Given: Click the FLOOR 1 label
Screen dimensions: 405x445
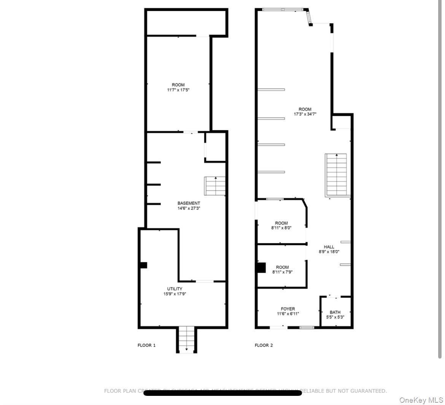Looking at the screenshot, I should (146, 345).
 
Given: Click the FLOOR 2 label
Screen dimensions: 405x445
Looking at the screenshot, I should (264, 345).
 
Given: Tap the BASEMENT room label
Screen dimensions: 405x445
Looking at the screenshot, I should (189, 203).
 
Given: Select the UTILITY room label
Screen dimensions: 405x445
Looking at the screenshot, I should (175, 289).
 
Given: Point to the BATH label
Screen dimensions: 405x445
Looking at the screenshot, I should (335, 312).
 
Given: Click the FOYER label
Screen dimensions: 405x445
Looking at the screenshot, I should (288, 309).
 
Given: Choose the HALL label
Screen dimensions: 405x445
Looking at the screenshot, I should (329, 247).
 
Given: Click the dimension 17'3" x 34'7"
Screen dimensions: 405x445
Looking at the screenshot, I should (305, 114).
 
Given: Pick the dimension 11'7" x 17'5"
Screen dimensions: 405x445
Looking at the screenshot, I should (178, 90).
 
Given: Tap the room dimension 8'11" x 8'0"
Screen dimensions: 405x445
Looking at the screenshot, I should (282, 228).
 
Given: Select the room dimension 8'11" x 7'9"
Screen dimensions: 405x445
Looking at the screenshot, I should (282, 272).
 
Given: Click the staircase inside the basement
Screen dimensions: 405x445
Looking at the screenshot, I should (215, 186).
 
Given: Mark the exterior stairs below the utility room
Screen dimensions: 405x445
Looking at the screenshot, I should (186, 340).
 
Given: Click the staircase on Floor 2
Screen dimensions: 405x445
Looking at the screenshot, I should (336, 175).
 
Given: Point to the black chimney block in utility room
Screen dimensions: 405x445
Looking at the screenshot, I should (143, 265).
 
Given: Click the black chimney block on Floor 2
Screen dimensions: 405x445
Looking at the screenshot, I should (261, 268).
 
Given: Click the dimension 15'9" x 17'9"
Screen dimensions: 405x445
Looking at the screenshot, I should (175, 294).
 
